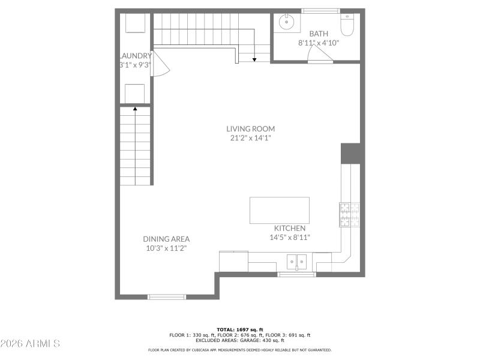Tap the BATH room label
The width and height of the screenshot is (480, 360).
[x=319, y=34]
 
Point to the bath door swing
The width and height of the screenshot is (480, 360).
[x=319, y=55]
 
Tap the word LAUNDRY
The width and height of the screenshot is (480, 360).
[x=136, y=56]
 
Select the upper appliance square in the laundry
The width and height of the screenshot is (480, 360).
[x=134, y=24]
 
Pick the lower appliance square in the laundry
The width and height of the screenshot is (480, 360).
[x=134, y=94]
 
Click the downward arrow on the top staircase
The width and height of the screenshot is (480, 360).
[x=254, y=59]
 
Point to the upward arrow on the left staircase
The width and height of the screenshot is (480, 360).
[x=134, y=109]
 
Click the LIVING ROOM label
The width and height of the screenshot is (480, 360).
[x=250, y=128]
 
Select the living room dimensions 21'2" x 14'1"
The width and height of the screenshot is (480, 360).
[x=250, y=138]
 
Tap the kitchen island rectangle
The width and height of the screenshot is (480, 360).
[x=280, y=210]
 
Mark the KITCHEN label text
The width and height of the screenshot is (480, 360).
[x=290, y=228]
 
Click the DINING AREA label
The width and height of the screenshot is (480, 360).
[x=166, y=238]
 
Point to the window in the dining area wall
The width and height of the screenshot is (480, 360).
[x=167, y=296]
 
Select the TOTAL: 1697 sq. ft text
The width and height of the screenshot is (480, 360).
[x=240, y=329]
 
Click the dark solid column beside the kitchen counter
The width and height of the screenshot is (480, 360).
[x=350, y=153]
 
